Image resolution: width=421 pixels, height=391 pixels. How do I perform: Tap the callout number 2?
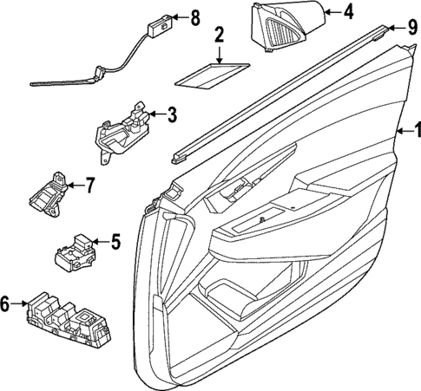[219, 36]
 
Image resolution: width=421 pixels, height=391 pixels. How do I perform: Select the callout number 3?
[172, 113]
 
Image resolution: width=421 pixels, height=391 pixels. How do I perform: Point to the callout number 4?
[348, 12]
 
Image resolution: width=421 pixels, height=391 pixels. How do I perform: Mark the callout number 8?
[194, 16]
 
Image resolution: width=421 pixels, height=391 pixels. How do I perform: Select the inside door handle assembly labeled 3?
[122, 130]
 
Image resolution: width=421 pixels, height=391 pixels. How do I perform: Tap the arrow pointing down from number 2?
[219, 54]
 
